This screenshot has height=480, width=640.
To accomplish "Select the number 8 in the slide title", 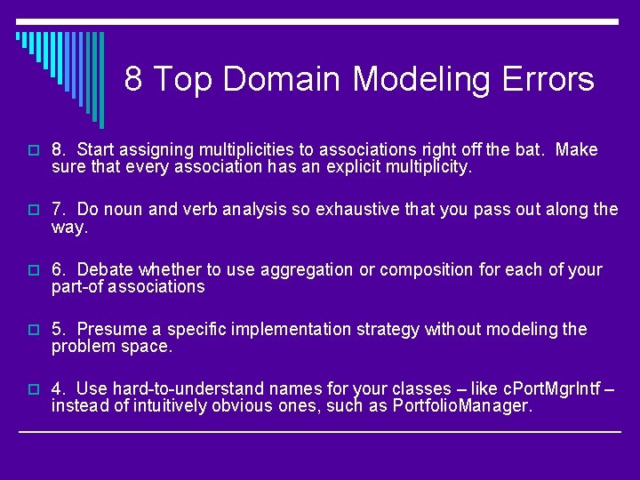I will tap(133, 79).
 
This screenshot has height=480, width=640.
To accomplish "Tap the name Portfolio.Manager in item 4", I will tap(460, 406).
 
